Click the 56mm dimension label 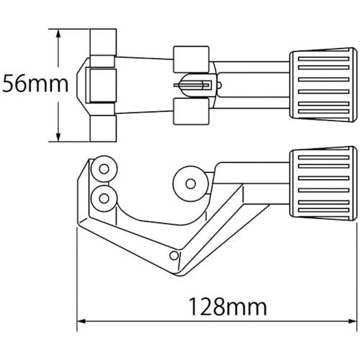(x=35, y=84)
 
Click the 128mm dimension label (x=228, y=307)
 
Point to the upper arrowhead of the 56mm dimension (x=58, y=33)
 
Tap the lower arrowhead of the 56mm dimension (x=58, y=138)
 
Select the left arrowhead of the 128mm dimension (x=81, y=321)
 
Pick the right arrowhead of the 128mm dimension (x=353, y=321)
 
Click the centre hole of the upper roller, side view (x=104, y=169)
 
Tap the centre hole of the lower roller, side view (x=104, y=198)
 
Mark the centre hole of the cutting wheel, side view (x=191, y=184)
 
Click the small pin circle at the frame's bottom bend (x=174, y=256)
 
